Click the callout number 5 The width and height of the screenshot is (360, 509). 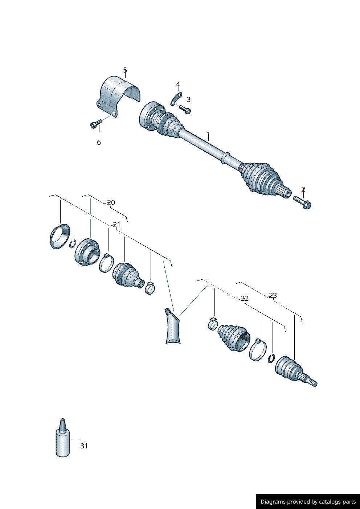(x=125, y=70)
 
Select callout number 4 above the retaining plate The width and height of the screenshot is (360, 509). (x=178, y=85)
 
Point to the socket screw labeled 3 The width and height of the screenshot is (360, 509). (x=185, y=109)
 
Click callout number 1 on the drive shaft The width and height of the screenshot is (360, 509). (x=208, y=135)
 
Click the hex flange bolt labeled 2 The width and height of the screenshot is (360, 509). (x=303, y=202)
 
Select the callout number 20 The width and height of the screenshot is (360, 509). (x=111, y=202)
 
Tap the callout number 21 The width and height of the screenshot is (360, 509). (x=116, y=225)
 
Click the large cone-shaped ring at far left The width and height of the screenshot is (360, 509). (x=60, y=236)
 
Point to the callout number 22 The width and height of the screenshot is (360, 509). (x=245, y=298)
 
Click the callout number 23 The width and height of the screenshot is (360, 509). (x=273, y=295)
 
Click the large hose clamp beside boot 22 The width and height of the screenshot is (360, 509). (x=258, y=350)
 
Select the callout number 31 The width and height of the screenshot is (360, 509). (x=84, y=446)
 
